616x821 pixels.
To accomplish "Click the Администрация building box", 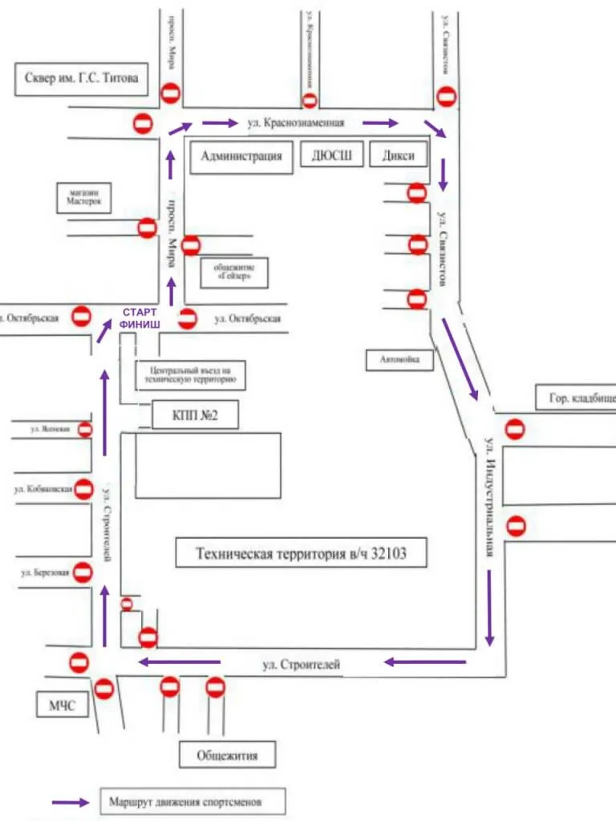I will [x=241, y=156].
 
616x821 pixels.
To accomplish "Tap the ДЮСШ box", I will [x=332, y=156].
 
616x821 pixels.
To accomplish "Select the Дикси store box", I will [x=399, y=156].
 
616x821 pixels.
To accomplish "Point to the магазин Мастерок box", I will [x=83, y=198].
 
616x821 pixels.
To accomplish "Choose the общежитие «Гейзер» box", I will [x=233, y=272].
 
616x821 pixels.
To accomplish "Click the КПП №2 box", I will [x=195, y=416].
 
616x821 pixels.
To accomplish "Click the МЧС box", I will [x=60, y=706].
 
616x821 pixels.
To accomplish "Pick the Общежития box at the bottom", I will [x=229, y=754].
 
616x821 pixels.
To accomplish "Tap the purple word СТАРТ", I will [x=140, y=312].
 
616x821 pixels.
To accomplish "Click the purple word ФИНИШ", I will [x=140, y=324].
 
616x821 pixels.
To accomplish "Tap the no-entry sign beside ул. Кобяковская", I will [x=84, y=489].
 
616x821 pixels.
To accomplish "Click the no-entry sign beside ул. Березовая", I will [x=82, y=572].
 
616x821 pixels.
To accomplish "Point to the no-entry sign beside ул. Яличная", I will [x=84, y=431].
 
